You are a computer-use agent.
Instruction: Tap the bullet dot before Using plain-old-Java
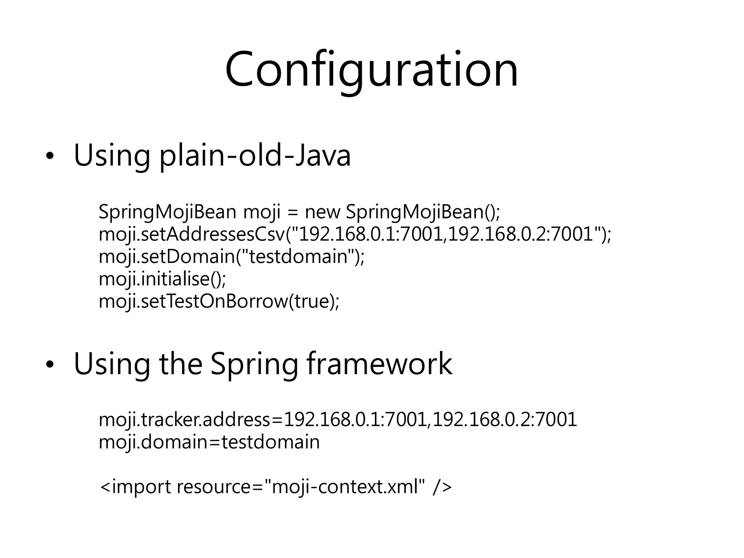click(x=49, y=157)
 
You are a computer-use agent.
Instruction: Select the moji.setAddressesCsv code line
click(x=355, y=234)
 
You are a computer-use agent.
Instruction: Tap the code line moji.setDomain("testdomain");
click(x=231, y=256)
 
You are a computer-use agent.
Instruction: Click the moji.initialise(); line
click(x=162, y=279)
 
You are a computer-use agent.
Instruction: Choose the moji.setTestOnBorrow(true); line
click(x=219, y=301)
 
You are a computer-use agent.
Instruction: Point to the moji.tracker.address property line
click(x=338, y=420)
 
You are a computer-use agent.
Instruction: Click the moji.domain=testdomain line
click(x=209, y=442)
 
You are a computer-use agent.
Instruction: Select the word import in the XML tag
click(x=141, y=487)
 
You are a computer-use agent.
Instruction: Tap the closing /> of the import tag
click(x=442, y=487)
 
